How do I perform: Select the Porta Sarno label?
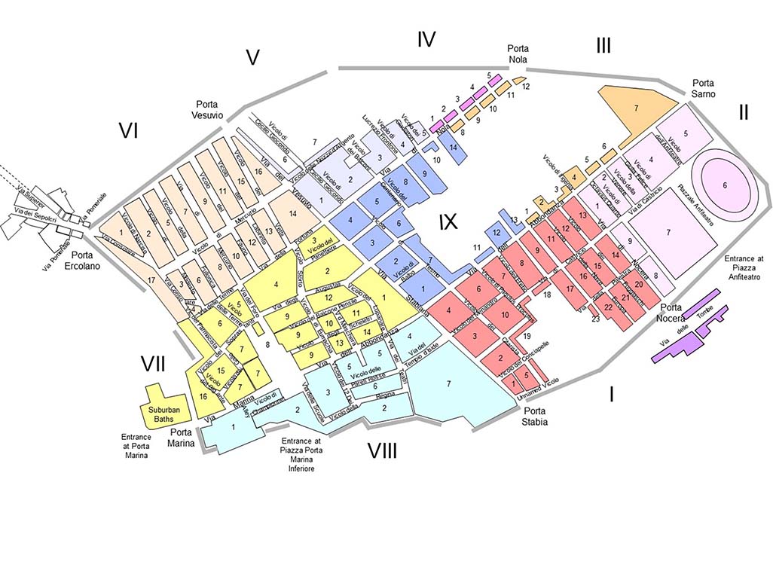(x=704, y=87)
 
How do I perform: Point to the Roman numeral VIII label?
(x=382, y=450)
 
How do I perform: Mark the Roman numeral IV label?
(x=426, y=39)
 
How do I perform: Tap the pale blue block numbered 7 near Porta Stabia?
(x=449, y=384)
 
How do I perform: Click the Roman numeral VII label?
(x=153, y=364)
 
